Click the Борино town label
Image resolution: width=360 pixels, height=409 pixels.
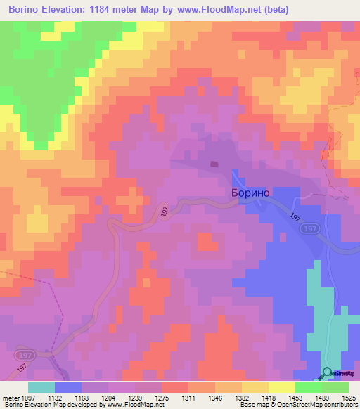point(251,193)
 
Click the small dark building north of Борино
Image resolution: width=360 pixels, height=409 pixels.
point(213,165)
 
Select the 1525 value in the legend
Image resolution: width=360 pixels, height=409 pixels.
point(349,397)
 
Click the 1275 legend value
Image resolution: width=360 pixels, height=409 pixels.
point(162,397)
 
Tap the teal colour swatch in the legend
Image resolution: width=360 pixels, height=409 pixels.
point(41,387)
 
